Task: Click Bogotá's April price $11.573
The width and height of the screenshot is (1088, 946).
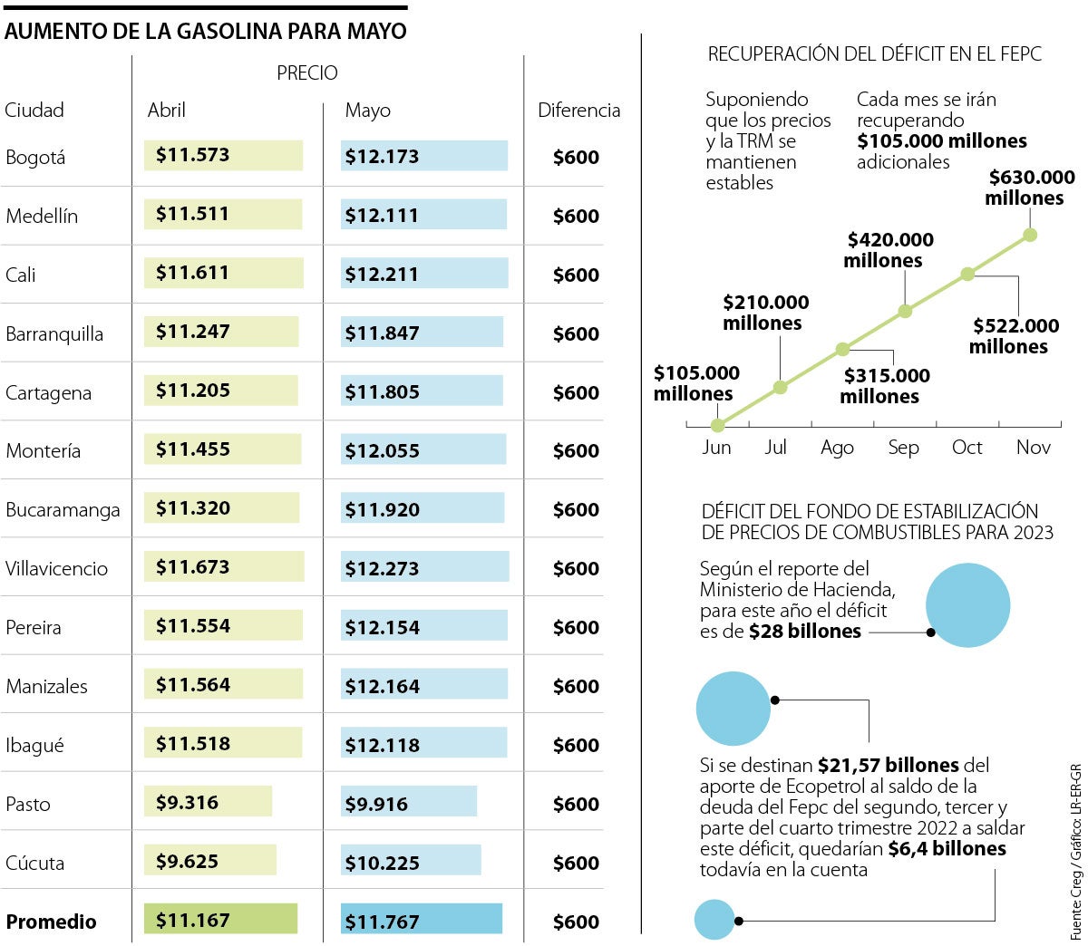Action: coord(193,156)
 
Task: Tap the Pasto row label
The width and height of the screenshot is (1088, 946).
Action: coord(28,804)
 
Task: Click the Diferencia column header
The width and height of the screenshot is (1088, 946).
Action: coord(578,111)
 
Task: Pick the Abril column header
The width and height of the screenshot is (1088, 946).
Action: coord(167,111)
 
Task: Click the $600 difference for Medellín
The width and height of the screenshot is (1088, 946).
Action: coord(576,216)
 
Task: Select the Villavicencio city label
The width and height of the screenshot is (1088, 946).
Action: coord(56,569)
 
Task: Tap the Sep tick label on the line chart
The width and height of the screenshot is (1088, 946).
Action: coord(903,448)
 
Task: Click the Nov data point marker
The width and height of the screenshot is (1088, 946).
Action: coord(1030,235)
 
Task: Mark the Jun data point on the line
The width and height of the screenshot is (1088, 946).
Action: coord(717,425)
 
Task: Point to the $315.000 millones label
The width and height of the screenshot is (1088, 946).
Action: coord(882,386)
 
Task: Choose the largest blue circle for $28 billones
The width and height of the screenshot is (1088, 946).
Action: coord(967,605)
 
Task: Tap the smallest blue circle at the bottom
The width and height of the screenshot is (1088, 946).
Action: coord(714,920)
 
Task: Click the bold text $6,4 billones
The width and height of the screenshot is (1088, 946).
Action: coord(947,849)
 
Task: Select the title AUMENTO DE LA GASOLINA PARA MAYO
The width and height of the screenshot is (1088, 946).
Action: coord(205,31)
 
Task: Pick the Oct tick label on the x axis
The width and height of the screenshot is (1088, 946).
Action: coord(967,448)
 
